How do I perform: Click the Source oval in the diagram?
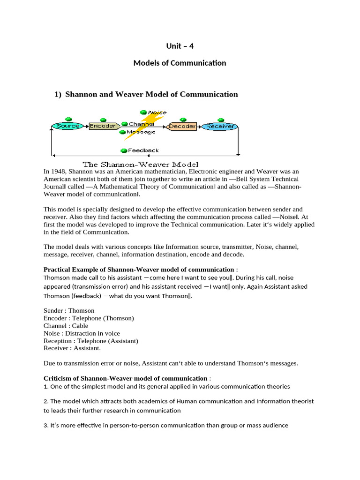tap(67, 126)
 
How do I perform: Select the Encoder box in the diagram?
tap(102, 126)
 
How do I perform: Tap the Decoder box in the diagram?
tap(182, 127)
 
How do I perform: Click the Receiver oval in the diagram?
tap(219, 127)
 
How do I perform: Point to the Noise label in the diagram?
tap(157, 112)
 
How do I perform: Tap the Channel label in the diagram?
tap(141, 124)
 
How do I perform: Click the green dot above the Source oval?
tap(68, 119)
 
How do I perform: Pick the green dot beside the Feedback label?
tap(124, 150)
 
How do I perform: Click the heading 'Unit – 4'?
tap(180, 46)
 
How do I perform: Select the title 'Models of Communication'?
tap(180, 63)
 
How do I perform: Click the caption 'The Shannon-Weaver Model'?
tap(141, 165)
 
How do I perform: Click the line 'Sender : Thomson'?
tap(69, 310)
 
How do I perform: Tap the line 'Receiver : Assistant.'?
tap(72, 348)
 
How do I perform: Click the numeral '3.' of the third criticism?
tap(46, 426)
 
